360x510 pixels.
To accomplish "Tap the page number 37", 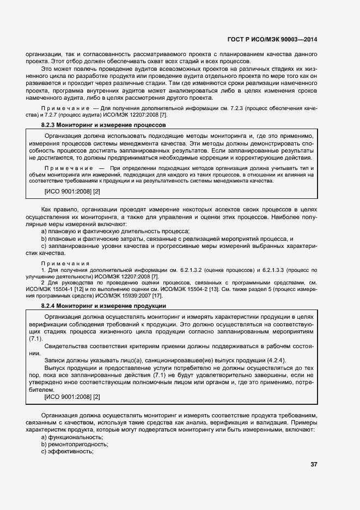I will tap(314, 464).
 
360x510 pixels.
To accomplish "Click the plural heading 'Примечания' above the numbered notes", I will tap(65, 263).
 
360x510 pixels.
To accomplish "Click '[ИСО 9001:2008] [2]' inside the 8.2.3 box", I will tap(72, 192).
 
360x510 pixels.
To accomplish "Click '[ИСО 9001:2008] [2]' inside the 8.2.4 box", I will tap(72, 397).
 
